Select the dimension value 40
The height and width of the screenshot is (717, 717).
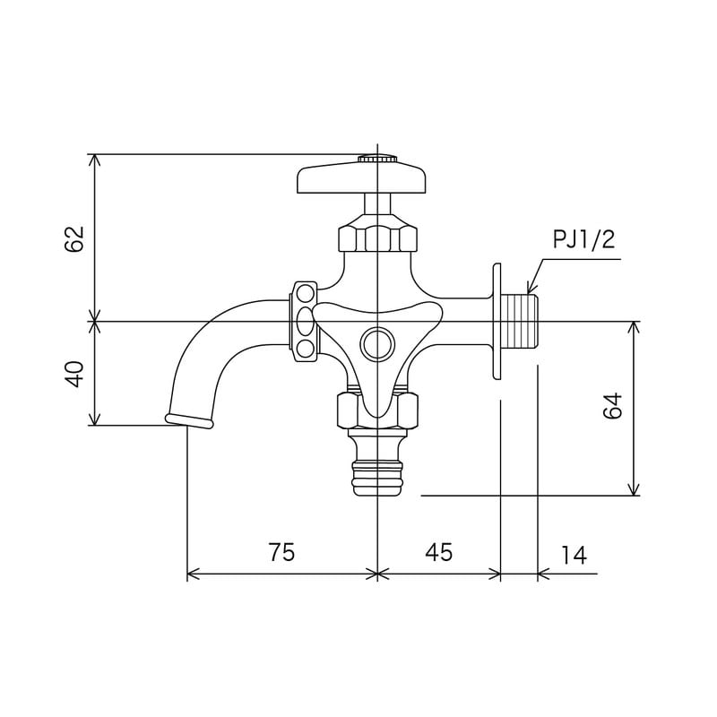pyautogui.click(x=74, y=373)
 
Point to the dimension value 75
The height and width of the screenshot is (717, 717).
pyautogui.click(x=281, y=553)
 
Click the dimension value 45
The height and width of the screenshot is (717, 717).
pyautogui.click(x=438, y=553)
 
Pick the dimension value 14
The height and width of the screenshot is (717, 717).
pyautogui.click(x=574, y=555)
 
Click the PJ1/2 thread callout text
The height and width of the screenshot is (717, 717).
pyautogui.click(x=583, y=240)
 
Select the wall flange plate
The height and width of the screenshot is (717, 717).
pyautogui.click(x=496, y=322)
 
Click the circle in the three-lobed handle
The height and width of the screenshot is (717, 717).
pyautogui.click(x=376, y=342)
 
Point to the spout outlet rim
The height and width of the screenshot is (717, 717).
pyautogui.click(x=189, y=420)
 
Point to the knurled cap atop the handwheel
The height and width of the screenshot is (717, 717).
pyautogui.click(x=377, y=159)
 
